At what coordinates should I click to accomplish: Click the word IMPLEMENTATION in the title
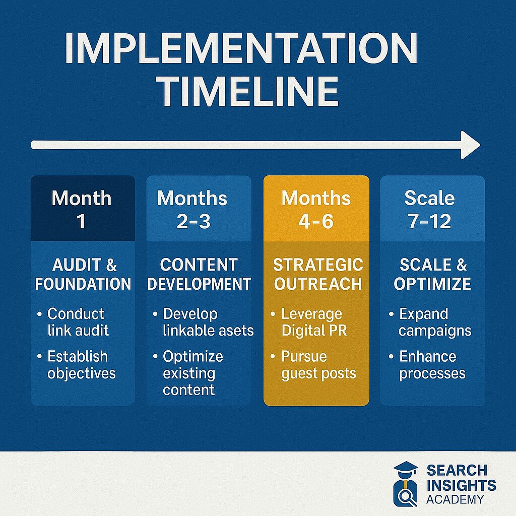[241, 48]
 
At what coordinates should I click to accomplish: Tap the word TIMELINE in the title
[249, 91]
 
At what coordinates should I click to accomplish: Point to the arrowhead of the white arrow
[471, 145]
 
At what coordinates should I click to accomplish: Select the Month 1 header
[82, 209]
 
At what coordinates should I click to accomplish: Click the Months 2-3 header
[192, 209]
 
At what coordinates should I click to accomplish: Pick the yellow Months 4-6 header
[316, 209]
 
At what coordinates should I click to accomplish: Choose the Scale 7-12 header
[430, 209]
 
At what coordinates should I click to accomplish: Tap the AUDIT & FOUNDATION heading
[83, 275]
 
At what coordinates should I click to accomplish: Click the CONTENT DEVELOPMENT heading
[199, 275]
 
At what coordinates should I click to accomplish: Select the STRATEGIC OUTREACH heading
[318, 275]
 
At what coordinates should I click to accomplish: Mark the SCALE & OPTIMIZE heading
[433, 275]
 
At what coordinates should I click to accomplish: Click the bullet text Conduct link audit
[78, 322]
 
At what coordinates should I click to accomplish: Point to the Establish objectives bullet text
[81, 365]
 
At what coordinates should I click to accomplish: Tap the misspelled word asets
[237, 331]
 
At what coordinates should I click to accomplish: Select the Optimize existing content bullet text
[193, 373]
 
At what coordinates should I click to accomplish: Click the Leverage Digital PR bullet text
[314, 322]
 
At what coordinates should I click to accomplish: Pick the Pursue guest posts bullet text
[318, 365]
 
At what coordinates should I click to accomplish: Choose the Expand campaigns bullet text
[435, 322]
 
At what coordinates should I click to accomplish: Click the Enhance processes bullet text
[432, 365]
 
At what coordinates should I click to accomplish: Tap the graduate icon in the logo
[406, 484]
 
